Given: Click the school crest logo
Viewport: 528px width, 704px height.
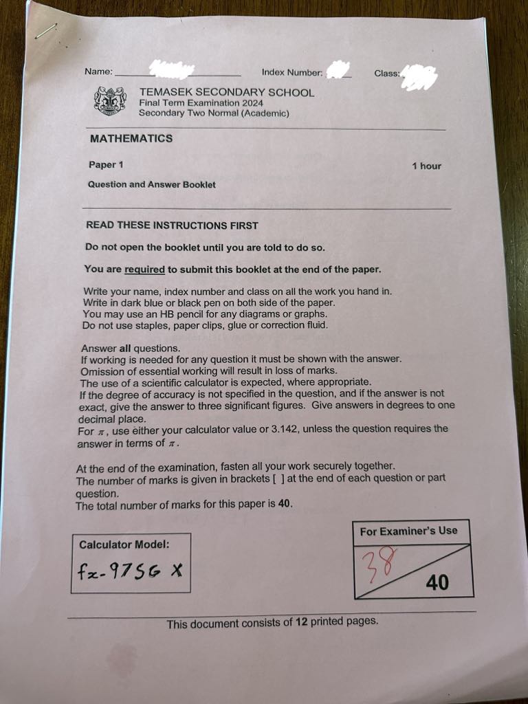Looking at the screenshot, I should (x=109, y=100).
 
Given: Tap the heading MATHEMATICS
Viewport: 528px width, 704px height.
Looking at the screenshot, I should (x=131, y=138).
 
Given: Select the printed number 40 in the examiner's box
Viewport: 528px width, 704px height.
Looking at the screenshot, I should (x=437, y=583).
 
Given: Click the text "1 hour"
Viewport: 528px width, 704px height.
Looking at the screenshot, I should (x=426, y=166).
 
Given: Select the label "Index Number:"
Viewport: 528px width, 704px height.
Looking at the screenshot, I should (x=291, y=72).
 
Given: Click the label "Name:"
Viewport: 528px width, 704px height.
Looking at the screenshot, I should (x=98, y=71).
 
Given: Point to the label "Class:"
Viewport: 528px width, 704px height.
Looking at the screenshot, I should (x=387, y=73).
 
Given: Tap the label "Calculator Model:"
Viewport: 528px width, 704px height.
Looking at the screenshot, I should (x=124, y=544).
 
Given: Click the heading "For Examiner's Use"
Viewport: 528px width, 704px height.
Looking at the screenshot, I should (x=408, y=531).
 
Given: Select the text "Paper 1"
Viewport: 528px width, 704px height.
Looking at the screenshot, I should (x=106, y=164).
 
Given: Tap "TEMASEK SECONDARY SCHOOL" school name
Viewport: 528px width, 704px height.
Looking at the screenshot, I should (x=226, y=92).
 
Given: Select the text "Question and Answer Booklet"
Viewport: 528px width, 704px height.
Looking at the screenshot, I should (x=151, y=184).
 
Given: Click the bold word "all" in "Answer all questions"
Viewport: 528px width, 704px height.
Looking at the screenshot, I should (x=125, y=349).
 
